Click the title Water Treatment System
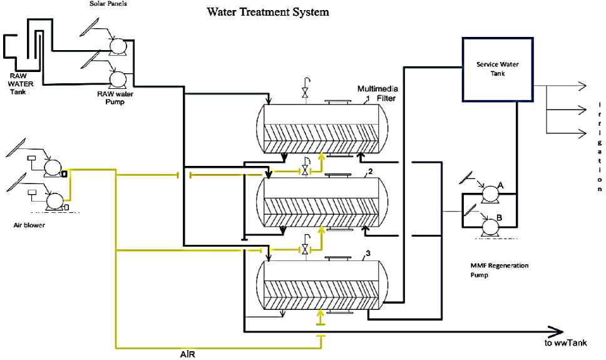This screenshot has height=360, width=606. (268, 12)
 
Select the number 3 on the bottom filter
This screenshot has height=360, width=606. (369, 254)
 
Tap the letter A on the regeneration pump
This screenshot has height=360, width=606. (500, 185)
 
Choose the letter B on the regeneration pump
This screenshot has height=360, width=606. (500, 217)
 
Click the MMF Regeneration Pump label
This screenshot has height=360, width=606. (499, 269)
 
